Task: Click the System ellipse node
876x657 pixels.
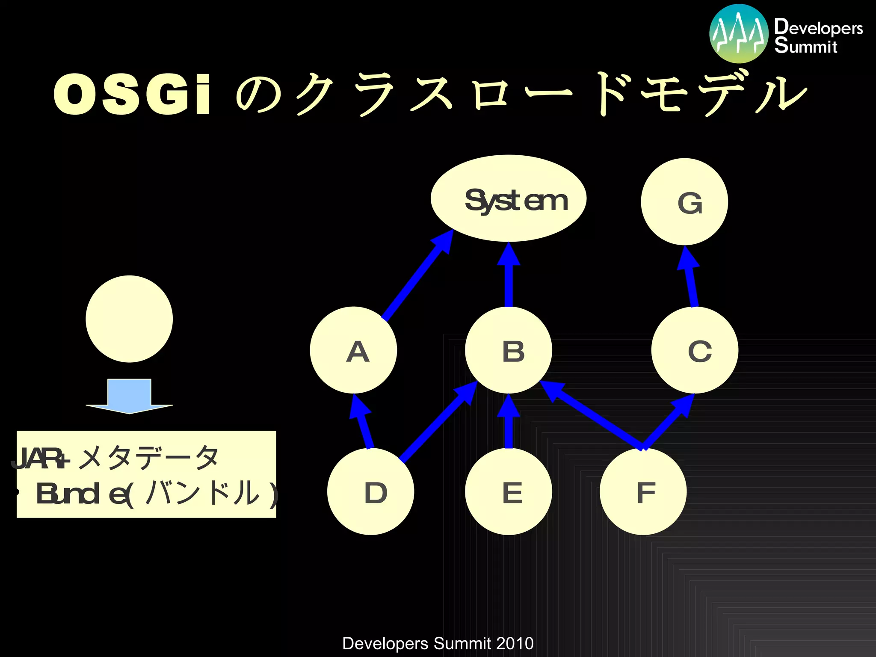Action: point(508,198)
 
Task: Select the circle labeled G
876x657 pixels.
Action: point(684,202)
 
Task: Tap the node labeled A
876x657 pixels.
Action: point(353,350)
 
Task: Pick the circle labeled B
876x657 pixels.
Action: point(508,350)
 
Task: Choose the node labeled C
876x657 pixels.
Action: point(695,350)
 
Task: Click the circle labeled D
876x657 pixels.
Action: point(370,491)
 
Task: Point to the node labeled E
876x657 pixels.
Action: point(508,491)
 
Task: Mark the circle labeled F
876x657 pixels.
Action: point(643,491)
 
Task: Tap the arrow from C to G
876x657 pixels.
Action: point(690,278)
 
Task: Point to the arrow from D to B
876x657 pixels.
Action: point(436,423)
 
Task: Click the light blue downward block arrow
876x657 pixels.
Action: point(129,396)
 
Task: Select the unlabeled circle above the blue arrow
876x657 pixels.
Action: point(129,319)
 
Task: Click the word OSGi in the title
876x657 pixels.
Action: point(133,94)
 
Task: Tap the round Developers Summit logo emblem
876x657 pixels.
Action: point(739,34)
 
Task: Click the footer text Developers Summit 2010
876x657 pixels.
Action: point(438,643)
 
